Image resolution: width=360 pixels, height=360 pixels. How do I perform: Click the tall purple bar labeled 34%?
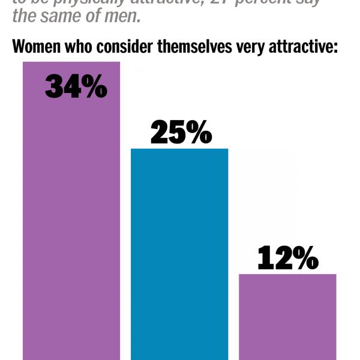(71, 228)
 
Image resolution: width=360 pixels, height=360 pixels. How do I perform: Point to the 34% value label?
(76, 88)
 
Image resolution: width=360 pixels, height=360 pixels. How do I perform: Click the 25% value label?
(181, 133)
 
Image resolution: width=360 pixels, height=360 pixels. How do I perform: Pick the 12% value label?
(287, 259)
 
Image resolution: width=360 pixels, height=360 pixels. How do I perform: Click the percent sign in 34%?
(95, 88)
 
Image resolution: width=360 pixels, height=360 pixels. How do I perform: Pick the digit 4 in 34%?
(73, 88)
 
